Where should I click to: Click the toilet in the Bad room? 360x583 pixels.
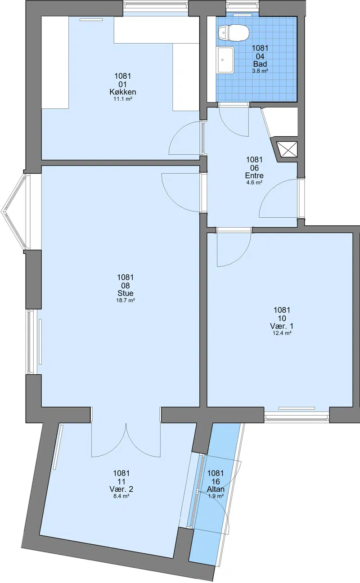pyautogui.click(x=234, y=33)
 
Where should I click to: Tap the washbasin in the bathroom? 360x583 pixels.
pyautogui.click(x=226, y=60)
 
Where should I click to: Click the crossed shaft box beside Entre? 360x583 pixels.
pyautogui.click(x=288, y=149)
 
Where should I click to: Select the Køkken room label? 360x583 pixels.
pyautogui.click(x=122, y=92)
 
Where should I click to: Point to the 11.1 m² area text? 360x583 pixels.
pyautogui.click(x=123, y=99)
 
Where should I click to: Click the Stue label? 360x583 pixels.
pyautogui.click(x=126, y=293)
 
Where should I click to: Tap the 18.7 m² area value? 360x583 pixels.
pyautogui.click(x=126, y=300)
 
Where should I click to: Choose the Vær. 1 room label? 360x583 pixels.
pyautogui.click(x=282, y=326)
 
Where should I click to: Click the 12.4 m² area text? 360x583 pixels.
pyautogui.click(x=282, y=333)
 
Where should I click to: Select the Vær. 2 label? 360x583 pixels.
pyautogui.click(x=121, y=489)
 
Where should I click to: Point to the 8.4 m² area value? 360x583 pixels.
pyautogui.click(x=121, y=496)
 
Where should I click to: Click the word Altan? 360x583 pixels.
pyautogui.click(x=216, y=489)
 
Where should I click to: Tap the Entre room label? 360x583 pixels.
pyautogui.click(x=254, y=175)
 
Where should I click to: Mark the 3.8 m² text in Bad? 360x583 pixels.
pyautogui.click(x=260, y=71)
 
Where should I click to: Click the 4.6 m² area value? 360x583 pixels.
pyautogui.click(x=254, y=183)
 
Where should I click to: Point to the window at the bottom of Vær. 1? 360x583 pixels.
pyautogui.click(x=297, y=417)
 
